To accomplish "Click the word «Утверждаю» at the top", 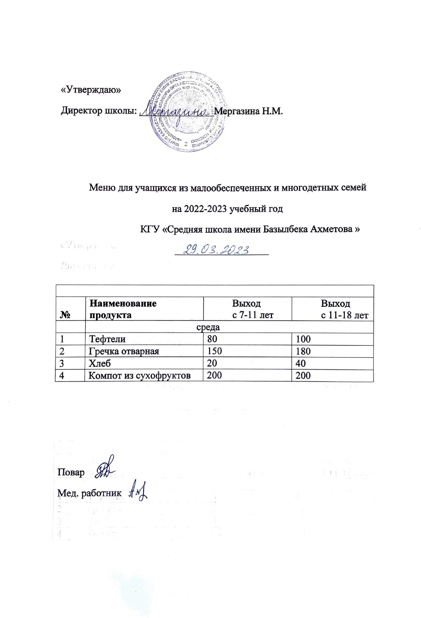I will (91, 90).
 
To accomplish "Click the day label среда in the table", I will (208, 327).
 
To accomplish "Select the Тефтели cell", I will (107, 339).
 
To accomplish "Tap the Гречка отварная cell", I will (124, 351).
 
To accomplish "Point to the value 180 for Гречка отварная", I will (303, 351).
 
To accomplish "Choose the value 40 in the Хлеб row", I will (300, 363).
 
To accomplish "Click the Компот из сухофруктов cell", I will (140, 376).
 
